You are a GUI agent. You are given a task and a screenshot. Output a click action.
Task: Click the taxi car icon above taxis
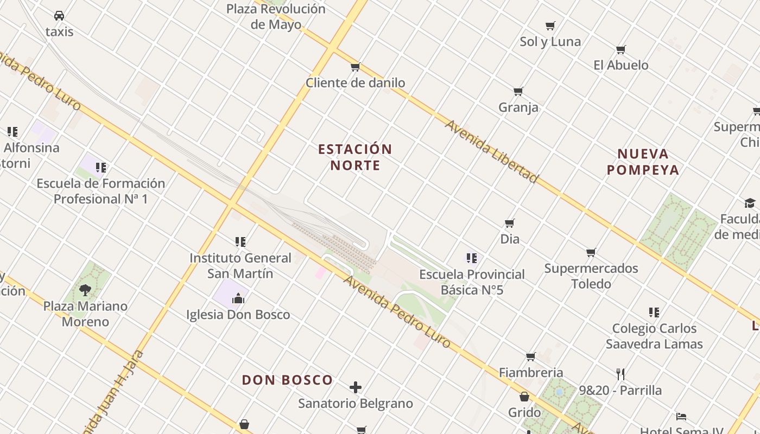(x=59, y=16)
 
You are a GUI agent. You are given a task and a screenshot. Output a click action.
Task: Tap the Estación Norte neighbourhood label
(x=355, y=157)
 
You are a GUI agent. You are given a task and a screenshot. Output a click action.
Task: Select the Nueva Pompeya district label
(x=643, y=162)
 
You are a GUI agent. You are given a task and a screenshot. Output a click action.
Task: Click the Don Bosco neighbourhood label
(x=287, y=380)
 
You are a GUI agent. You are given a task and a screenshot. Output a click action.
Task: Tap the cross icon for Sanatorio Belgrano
(x=356, y=387)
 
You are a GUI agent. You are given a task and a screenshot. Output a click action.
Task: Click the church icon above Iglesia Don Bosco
(x=238, y=298)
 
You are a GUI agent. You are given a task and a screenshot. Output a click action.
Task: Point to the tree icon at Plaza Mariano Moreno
(x=85, y=290)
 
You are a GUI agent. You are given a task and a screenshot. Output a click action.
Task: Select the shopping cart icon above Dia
(x=510, y=223)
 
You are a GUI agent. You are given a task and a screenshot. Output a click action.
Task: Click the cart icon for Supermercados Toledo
(x=591, y=252)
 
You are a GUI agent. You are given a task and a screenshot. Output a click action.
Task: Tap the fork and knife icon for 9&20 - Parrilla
(x=620, y=374)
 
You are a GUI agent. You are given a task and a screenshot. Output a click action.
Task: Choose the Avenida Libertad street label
(x=492, y=151)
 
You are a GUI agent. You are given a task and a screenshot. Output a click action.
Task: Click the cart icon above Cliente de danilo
(x=355, y=67)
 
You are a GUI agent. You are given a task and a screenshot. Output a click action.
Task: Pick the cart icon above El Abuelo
(x=621, y=49)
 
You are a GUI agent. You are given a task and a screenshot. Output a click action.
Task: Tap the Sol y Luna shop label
(x=550, y=42)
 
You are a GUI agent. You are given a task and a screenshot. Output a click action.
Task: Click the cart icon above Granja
(x=518, y=91)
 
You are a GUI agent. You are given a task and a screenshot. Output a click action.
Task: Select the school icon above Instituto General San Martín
(x=240, y=242)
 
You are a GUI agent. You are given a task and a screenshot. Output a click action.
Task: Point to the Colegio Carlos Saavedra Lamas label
(x=654, y=336)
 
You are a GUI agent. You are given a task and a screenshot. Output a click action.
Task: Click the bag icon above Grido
(x=524, y=397)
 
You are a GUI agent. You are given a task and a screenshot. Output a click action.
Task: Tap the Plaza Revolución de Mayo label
(x=276, y=16)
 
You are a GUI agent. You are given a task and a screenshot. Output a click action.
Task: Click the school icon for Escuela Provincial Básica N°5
(x=472, y=258)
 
